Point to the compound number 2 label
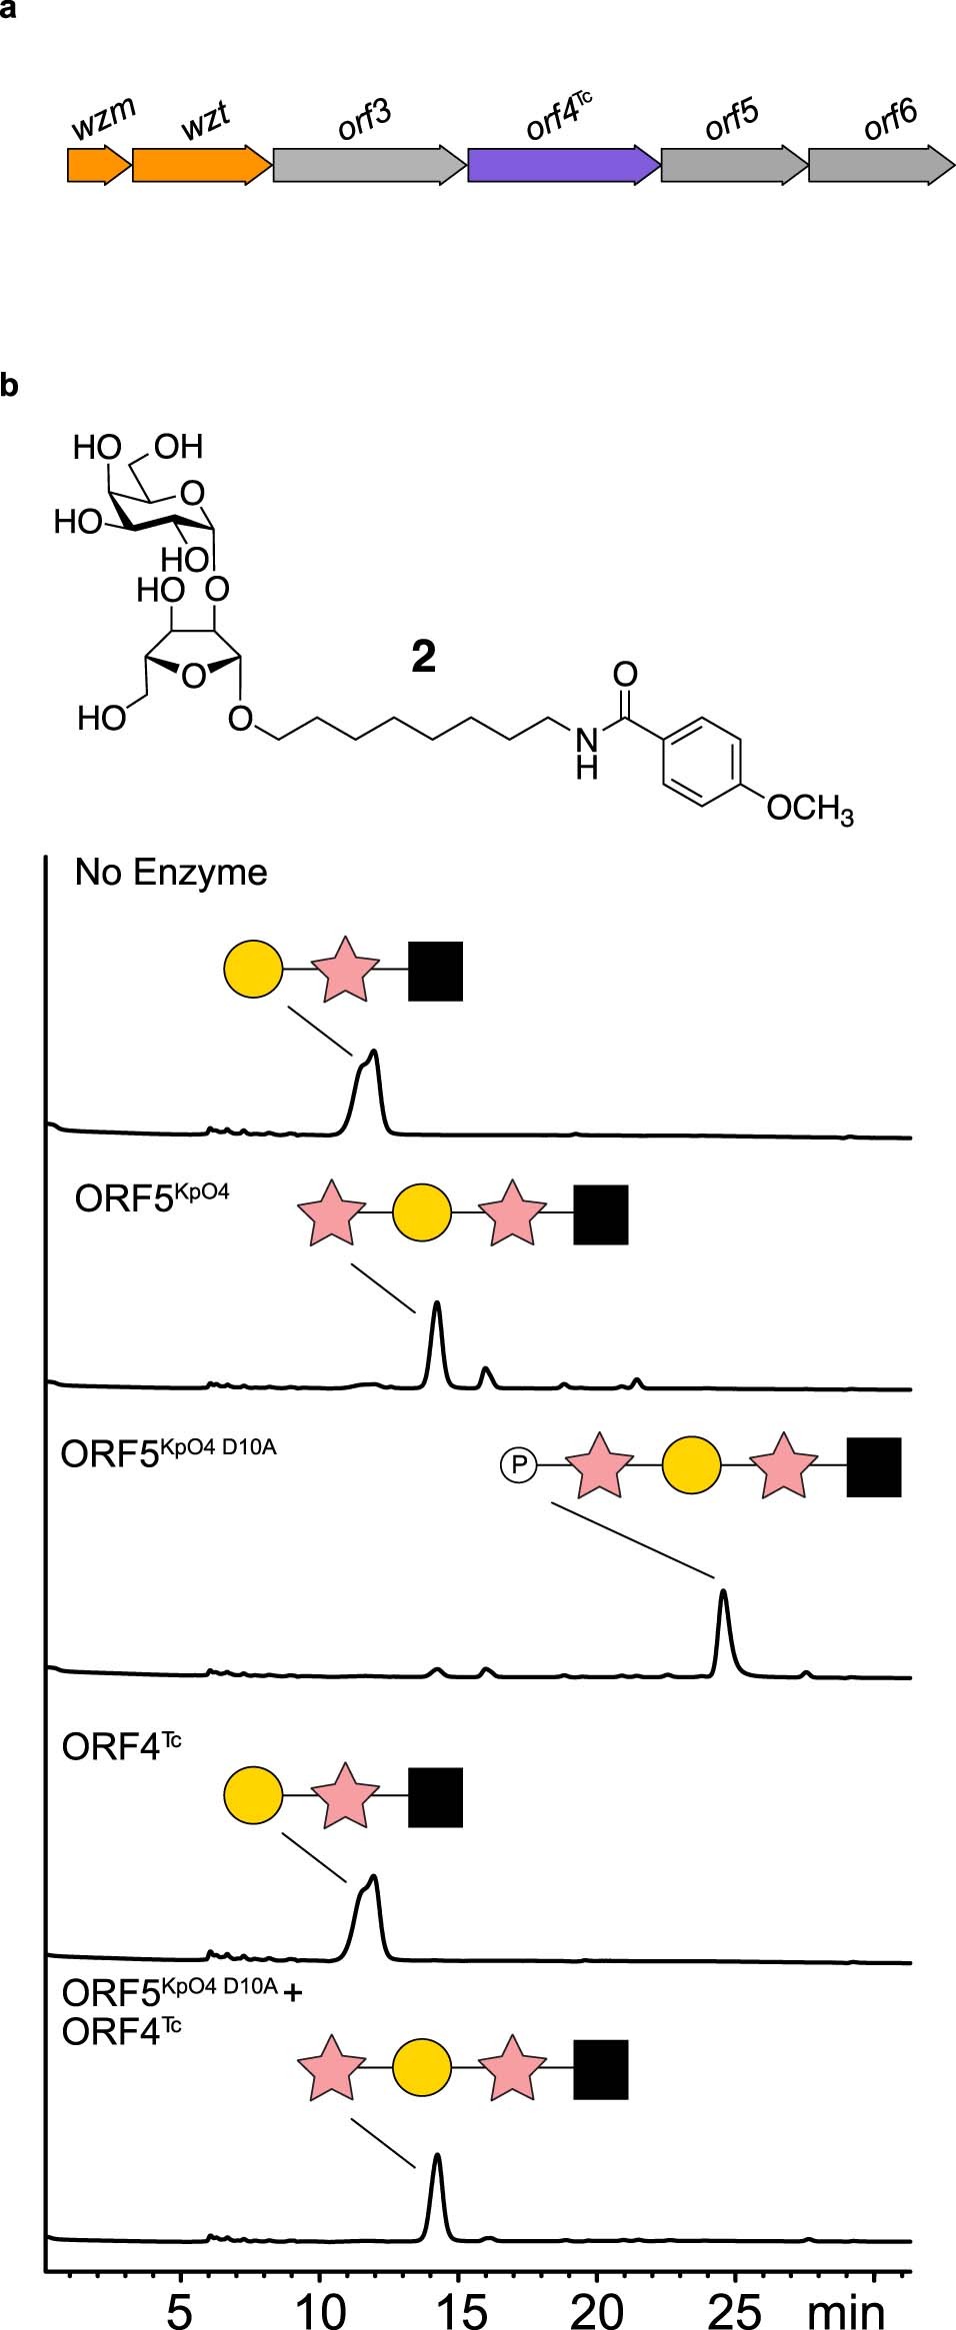tap(424, 657)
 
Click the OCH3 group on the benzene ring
tap(809, 808)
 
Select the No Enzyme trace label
tap(171, 873)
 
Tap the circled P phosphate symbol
tap(518, 1465)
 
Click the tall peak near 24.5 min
tap(723, 1609)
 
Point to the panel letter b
tap(9, 385)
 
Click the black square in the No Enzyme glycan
tap(436, 971)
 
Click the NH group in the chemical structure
tap(587, 752)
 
